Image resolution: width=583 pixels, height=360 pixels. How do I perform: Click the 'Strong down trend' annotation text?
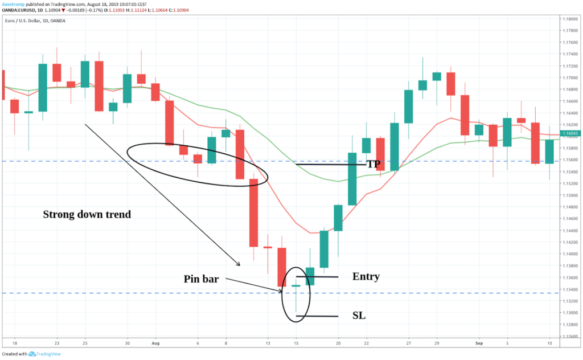click(x=87, y=215)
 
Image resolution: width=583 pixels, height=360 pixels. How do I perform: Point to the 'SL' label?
click(x=359, y=316)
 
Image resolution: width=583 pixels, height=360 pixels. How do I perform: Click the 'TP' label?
click(x=373, y=164)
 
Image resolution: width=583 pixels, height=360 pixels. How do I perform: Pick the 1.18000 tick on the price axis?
click(x=567, y=19)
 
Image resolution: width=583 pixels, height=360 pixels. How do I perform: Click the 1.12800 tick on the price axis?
click(x=567, y=325)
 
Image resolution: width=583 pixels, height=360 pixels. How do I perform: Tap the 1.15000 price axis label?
click(x=567, y=195)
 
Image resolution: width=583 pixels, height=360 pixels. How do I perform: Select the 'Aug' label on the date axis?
click(x=155, y=343)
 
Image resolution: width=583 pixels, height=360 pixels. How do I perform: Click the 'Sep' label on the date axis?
click(x=478, y=343)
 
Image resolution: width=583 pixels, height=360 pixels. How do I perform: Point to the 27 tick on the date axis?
click(x=408, y=343)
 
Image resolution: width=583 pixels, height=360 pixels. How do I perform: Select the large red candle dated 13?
click(x=253, y=212)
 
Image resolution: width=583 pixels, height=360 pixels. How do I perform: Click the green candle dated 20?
click(x=338, y=218)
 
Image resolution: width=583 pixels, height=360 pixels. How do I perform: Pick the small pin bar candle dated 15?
click(x=296, y=286)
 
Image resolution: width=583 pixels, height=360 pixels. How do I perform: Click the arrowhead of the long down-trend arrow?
click(x=239, y=264)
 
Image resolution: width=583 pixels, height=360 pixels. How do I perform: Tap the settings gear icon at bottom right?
click(x=567, y=343)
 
